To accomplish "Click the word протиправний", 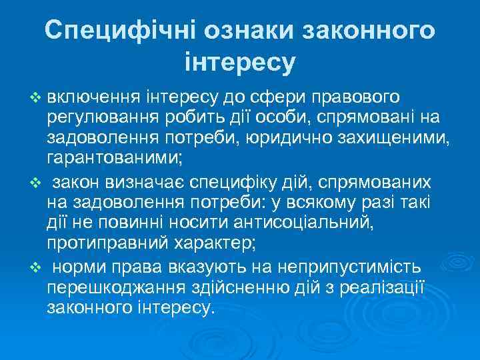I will pos(99,243).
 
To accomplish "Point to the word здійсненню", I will pos(230,287).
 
